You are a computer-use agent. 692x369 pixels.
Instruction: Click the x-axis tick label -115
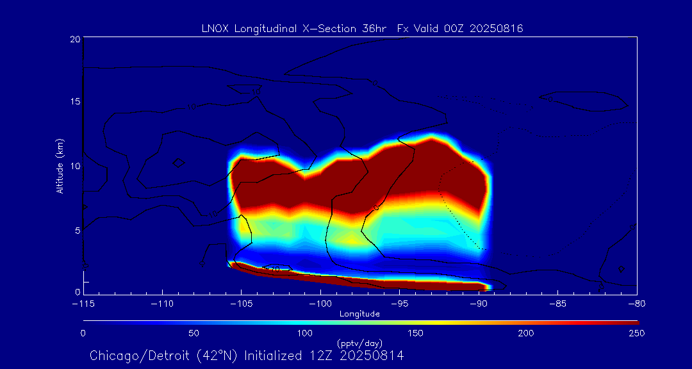83,304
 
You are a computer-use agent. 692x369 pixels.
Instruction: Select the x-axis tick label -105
241,304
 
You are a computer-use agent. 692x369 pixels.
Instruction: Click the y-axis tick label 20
74,39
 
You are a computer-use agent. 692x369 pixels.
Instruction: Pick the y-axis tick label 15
74,102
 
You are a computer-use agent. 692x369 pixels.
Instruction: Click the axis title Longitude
359,314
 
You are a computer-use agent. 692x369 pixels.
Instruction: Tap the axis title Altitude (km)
60,166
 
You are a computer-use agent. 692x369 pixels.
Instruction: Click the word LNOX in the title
215,28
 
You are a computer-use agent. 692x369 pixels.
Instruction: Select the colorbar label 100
304,333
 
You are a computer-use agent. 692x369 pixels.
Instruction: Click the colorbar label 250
636,333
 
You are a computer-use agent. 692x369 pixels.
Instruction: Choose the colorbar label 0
83,333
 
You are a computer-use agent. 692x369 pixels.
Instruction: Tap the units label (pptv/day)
359,343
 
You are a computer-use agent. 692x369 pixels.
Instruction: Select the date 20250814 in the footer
373,356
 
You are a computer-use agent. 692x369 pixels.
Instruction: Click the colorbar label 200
525,333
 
